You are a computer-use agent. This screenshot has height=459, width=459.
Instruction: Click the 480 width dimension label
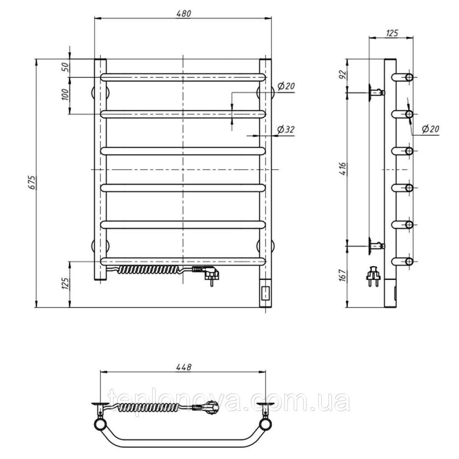tap(183, 13)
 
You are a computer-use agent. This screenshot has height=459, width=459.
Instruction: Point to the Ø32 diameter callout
tap(285, 130)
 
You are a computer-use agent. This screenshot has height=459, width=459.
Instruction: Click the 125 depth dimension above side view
tap(392, 33)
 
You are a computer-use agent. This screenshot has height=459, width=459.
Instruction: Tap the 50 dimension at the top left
tap(65, 67)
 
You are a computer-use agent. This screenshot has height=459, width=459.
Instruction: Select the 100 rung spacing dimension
tap(65, 95)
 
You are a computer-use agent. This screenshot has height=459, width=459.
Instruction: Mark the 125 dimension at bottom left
tap(65, 284)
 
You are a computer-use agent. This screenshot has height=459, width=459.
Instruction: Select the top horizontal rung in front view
tap(183, 77)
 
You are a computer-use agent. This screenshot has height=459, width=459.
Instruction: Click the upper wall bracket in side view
tap(375, 92)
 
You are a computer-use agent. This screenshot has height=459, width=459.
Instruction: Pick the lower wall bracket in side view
tap(375, 246)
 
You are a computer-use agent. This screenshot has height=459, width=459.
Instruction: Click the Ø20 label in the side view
tap(430, 130)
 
